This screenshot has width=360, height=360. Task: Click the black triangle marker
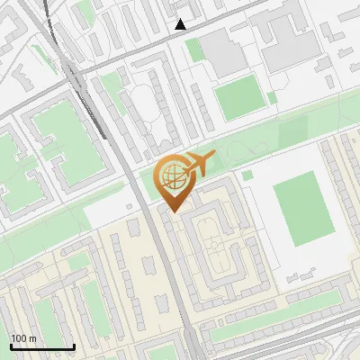coord(181,24)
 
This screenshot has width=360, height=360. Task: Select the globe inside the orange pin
coord(172,175)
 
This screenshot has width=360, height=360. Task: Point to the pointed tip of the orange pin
coord(174,211)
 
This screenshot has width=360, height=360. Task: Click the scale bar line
coord(41,347)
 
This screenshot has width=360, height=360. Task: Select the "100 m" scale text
coord(23,338)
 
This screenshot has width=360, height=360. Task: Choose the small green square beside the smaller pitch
coord(273,97)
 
